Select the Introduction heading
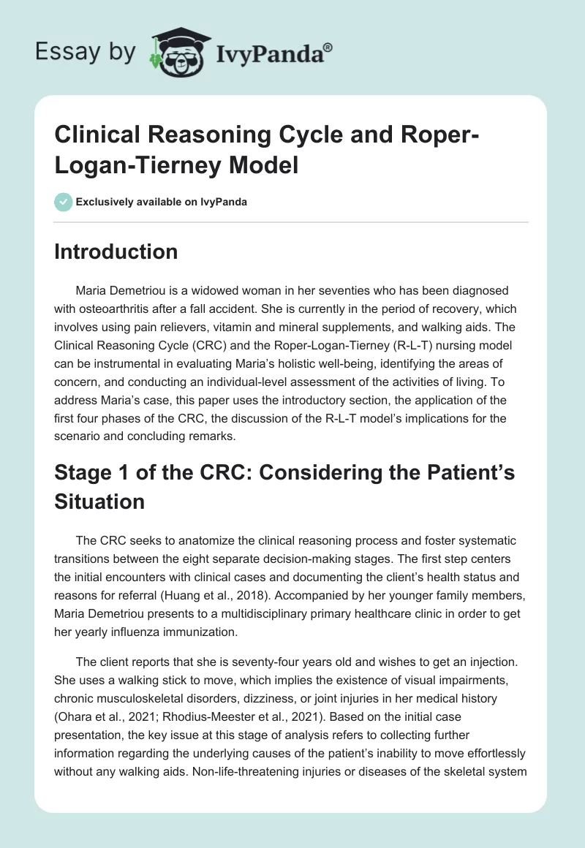point(116,251)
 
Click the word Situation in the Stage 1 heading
point(99,501)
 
